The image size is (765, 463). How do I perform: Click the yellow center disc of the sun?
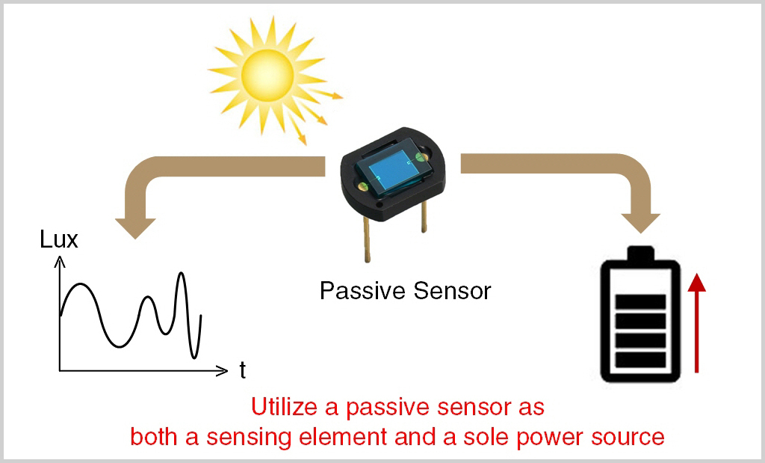tap(267, 76)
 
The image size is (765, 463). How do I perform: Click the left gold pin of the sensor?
tap(366, 239)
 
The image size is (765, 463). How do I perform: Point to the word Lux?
tap(58, 239)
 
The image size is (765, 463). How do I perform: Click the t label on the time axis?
tap(243, 370)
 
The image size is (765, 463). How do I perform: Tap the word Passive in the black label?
tap(363, 291)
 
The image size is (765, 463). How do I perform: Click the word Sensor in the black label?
tap(452, 291)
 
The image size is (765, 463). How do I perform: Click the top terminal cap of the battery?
tap(640, 254)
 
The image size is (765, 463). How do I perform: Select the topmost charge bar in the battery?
tap(640, 302)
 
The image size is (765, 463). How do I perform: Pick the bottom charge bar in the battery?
tap(640, 360)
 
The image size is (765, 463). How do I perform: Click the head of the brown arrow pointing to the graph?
tap(135, 227)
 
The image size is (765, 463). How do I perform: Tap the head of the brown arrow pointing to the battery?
tap(640, 223)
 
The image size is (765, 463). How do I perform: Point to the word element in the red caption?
tap(343, 437)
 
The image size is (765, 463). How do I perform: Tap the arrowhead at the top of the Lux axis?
tap(60, 262)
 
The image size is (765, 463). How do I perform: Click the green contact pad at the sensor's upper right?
tap(419, 157)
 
